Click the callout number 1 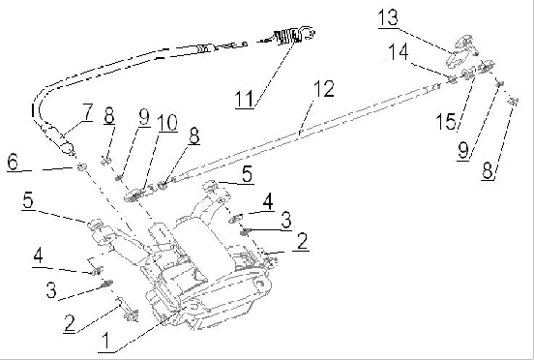(106, 341)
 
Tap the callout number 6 (13, 163)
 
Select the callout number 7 (87, 112)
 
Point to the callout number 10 (166, 123)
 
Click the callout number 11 (245, 99)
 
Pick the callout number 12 (323, 89)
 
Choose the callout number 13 (388, 17)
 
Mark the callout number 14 (399, 52)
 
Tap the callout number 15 (447, 121)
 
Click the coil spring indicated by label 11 (287, 37)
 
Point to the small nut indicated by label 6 (81, 166)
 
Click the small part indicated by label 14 (452, 79)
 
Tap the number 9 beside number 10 (144, 117)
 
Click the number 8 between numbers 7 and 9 (109, 115)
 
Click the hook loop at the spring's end (309, 33)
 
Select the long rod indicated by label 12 (300, 134)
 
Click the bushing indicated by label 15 (467, 74)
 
